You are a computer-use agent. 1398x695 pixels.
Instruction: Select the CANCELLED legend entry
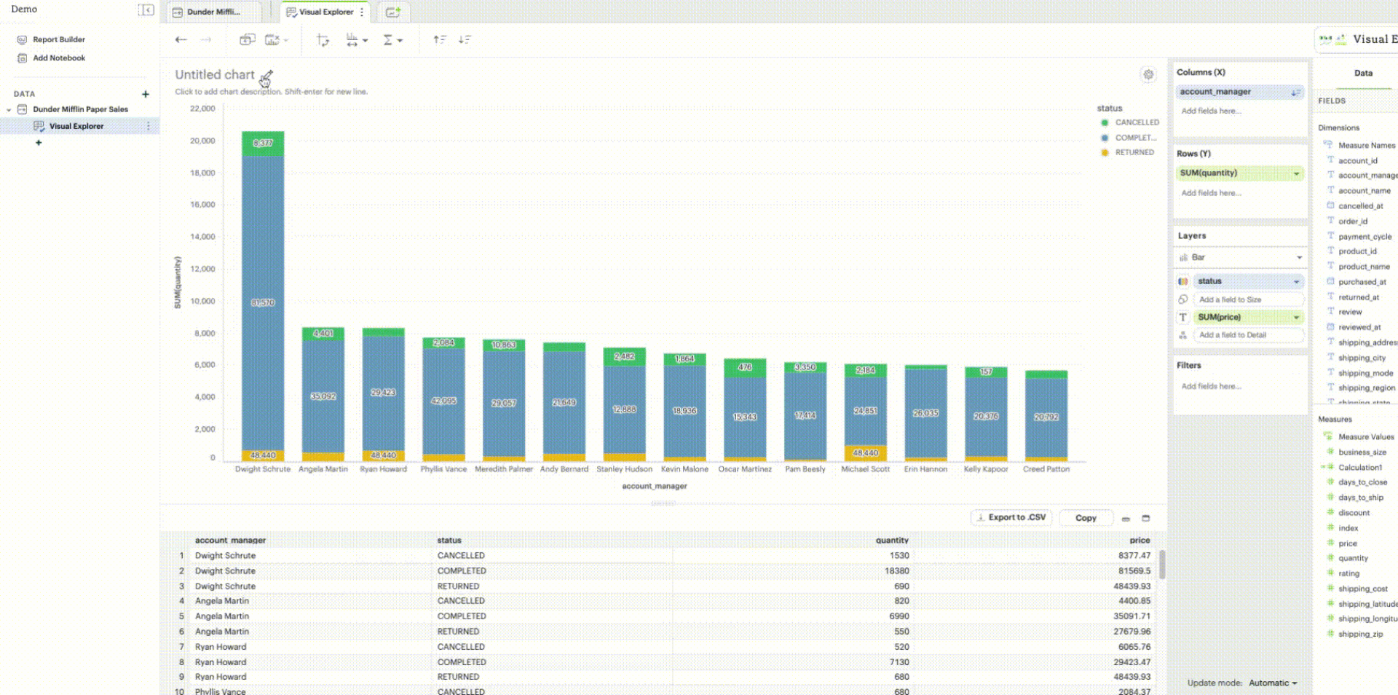1136,122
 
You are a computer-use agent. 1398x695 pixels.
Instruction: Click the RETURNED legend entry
1134,152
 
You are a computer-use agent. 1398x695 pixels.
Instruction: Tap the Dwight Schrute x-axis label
263,469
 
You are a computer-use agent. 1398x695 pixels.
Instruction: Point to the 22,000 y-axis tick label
202,109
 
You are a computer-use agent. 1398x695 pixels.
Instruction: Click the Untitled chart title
215,74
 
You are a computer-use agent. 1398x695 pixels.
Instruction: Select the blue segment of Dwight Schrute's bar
263,302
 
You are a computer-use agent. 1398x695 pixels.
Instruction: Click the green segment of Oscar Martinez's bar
745,367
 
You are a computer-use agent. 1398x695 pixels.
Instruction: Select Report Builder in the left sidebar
58,39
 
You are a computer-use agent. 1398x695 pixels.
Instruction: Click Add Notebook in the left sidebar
58,58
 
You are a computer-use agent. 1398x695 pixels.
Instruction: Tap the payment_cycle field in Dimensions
1365,237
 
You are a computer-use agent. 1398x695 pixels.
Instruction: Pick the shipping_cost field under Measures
1362,589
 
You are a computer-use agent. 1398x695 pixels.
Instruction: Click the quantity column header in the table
892,541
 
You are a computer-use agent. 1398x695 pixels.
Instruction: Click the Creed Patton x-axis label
1046,469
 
